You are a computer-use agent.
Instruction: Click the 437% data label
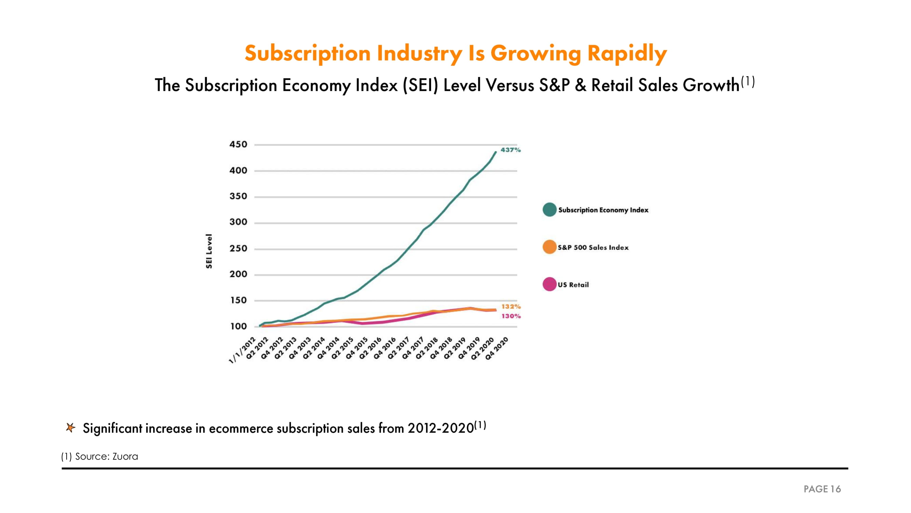click(x=510, y=150)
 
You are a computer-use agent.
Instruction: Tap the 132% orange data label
click(x=511, y=306)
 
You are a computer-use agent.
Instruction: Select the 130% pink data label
click(x=511, y=316)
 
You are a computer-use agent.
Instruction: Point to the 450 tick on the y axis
click(x=238, y=144)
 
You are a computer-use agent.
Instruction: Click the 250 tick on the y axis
click(x=238, y=249)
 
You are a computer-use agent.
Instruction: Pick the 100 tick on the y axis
click(x=238, y=326)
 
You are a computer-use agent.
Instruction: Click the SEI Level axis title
click(x=209, y=251)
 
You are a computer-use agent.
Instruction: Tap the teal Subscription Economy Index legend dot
click(x=549, y=210)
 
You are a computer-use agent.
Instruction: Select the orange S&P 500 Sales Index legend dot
click(x=549, y=247)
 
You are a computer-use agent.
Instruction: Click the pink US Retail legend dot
click(x=549, y=284)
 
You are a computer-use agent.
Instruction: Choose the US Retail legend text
click(x=573, y=285)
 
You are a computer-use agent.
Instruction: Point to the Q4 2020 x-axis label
click(x=497, y=348)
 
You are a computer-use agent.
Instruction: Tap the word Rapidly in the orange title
click(x=627, y=53)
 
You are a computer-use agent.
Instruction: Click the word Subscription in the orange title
click(x=307, y=53)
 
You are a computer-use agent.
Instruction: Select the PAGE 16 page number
click(x=822, y=489)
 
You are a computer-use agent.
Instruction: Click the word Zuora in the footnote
click(x=125, y=456)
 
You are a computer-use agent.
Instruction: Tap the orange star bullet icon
click(x=70, y=428)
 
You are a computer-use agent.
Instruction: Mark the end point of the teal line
click(x=495, y=152)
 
